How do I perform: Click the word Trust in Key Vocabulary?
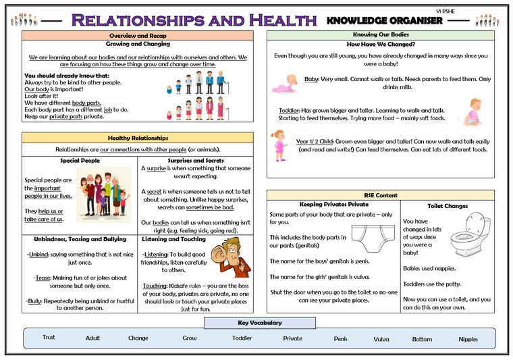click(x=49, y=337)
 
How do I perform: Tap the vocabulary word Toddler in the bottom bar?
click(x=242, y=338)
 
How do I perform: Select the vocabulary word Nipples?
click(x=468, y=339)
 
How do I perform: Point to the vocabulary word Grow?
click(x=190, y=338)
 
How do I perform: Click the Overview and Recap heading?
click(x=138, y=36)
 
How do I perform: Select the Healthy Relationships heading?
click(x=138, y=138)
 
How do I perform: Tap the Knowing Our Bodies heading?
click(x=381, y=34)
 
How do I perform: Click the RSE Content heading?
click(x=381, y=195)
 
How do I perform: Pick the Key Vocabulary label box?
click(x=260, y=323)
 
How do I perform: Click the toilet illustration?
click(x=470, y=234)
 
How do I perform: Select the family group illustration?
click(x=104, y=195)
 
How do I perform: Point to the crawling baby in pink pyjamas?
click(x=285, y=84)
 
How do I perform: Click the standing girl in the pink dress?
click(x=279, y=146)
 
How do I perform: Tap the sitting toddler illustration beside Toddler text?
click(x=473, y=112)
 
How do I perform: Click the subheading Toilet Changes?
click(x=448, y=206)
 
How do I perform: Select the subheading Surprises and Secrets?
click(x=196, y=161)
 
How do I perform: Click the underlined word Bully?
click(x=34, y=301)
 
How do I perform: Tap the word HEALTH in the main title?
click(x=283, y=20)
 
